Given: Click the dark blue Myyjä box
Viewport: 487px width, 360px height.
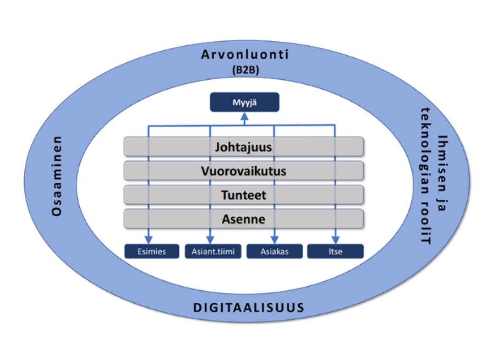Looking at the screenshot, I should [244, 102].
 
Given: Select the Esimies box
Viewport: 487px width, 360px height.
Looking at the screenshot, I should [152, 251].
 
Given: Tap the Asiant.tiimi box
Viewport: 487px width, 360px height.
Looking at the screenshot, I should [213, 251].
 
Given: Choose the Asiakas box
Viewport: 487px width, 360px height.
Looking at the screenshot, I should [274, 251].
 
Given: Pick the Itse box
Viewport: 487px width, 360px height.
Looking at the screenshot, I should [335, 251].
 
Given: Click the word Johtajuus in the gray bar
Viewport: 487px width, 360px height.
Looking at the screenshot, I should [243, 147].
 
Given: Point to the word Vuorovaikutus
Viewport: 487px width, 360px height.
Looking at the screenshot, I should [243, 171].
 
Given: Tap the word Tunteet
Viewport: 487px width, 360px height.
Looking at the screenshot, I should [243, 195].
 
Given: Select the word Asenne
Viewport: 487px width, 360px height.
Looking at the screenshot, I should [243, 219].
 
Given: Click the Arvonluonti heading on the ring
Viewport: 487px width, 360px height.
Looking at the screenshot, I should [245, 55].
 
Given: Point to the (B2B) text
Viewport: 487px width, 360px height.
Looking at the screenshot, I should [245, 70].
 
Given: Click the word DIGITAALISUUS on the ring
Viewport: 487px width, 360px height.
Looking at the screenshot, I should [249, 307].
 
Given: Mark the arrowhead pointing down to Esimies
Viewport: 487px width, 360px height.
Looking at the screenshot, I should [148, 240].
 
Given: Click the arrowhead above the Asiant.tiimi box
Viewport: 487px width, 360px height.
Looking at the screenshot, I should [210, 240].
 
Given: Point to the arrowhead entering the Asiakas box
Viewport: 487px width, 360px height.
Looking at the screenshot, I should [274, 240].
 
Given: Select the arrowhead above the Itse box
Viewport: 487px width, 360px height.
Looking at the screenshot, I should [335, 240].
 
